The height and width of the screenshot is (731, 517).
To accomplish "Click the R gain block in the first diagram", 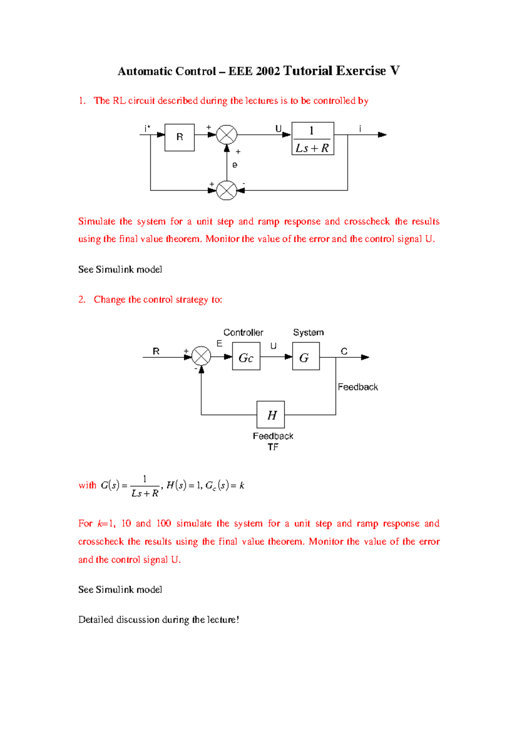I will (179, 137).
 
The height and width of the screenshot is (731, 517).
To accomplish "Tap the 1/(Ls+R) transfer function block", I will (313, 139).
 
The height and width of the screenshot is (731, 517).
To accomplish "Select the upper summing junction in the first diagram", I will (227, 135).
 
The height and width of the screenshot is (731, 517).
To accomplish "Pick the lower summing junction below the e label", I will (227, 190).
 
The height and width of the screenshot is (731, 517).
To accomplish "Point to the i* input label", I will (147, 128).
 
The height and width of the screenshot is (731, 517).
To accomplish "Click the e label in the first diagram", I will (235, 165).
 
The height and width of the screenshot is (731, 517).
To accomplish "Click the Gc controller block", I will (246, 356).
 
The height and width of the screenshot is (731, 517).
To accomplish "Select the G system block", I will (306, 356).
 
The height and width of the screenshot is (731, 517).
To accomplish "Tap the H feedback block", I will (271, 415).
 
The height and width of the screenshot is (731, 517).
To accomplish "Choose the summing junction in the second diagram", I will (201, 356).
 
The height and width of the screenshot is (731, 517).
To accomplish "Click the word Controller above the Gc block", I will (243, 332).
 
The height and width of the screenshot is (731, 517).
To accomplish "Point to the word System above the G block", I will (308, 332).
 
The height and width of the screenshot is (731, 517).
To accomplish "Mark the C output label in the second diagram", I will (344, 351).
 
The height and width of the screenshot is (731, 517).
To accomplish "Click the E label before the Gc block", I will (219, 344).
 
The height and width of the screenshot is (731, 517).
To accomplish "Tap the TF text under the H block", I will (273, 447).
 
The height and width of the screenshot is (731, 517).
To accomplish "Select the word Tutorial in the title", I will (307, 71).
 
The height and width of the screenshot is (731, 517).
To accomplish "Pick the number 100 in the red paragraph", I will (164, 523).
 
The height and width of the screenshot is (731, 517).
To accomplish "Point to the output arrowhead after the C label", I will (365, 357).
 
